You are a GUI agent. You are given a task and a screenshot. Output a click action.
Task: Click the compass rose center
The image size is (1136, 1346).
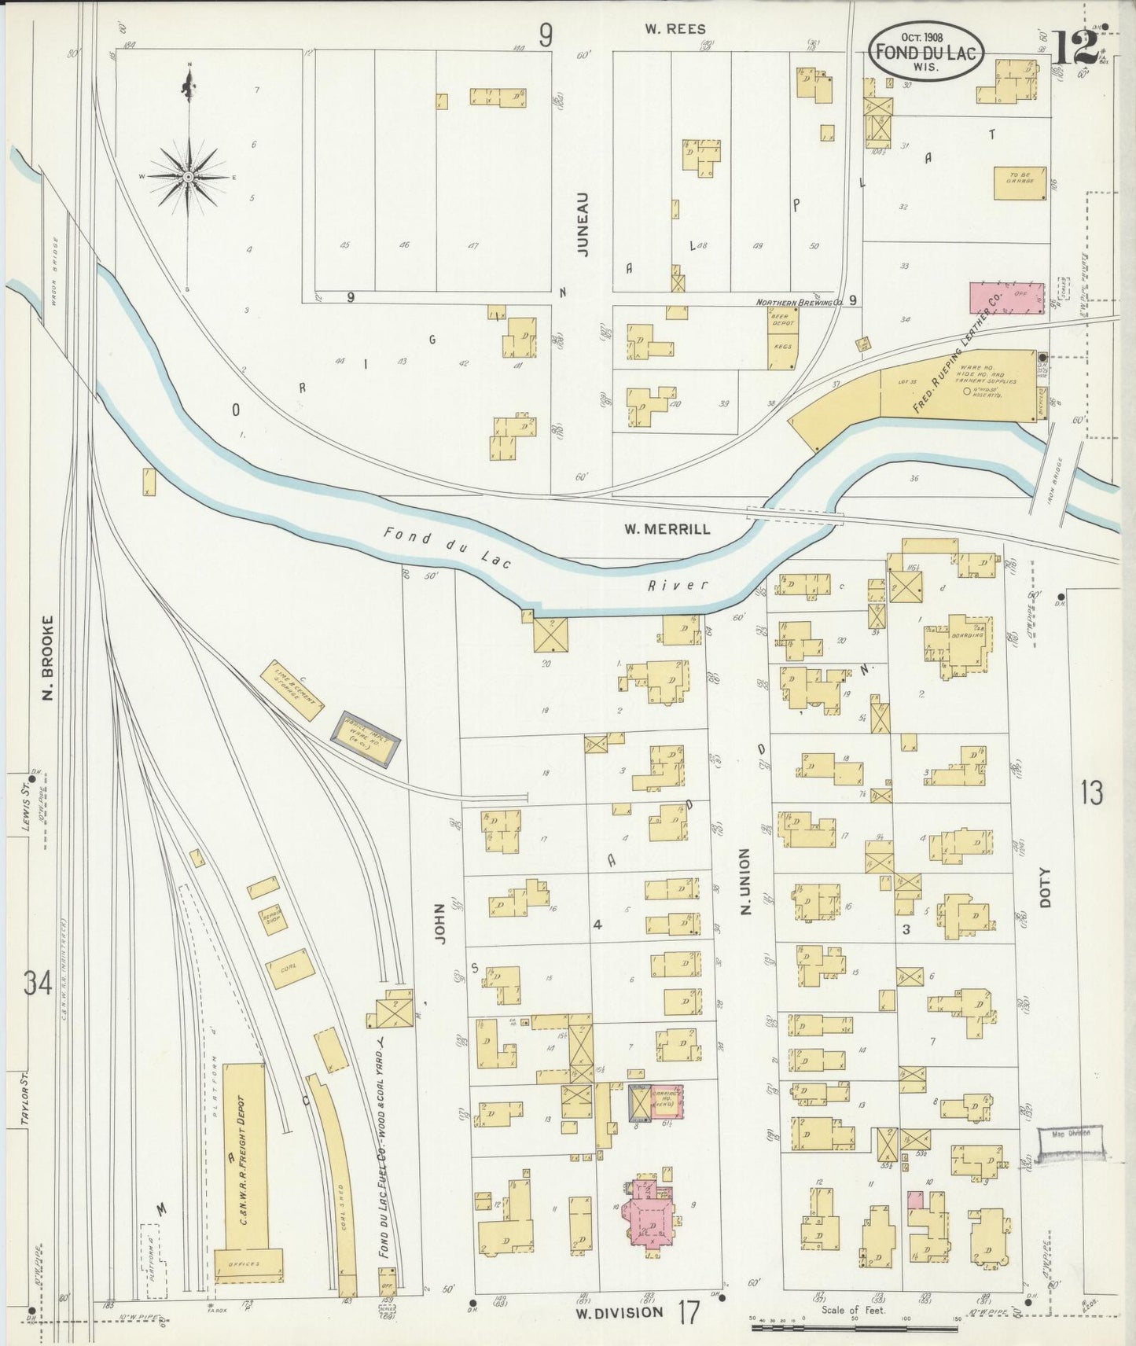189,178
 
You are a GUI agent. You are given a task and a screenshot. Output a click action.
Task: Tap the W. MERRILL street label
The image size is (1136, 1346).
667,529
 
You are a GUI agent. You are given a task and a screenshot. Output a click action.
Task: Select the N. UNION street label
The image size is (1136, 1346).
746,881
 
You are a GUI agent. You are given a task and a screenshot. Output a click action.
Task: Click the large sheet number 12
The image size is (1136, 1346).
1074,49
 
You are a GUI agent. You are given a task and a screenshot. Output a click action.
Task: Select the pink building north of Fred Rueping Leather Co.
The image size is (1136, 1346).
1006,300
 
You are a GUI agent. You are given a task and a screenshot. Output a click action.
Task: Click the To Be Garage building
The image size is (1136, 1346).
1020,182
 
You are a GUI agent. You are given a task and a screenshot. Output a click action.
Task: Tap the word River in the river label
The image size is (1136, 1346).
678,585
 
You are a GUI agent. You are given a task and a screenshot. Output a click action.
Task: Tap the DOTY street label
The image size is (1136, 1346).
1045,888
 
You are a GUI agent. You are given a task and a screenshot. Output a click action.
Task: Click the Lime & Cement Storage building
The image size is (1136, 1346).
296,690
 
